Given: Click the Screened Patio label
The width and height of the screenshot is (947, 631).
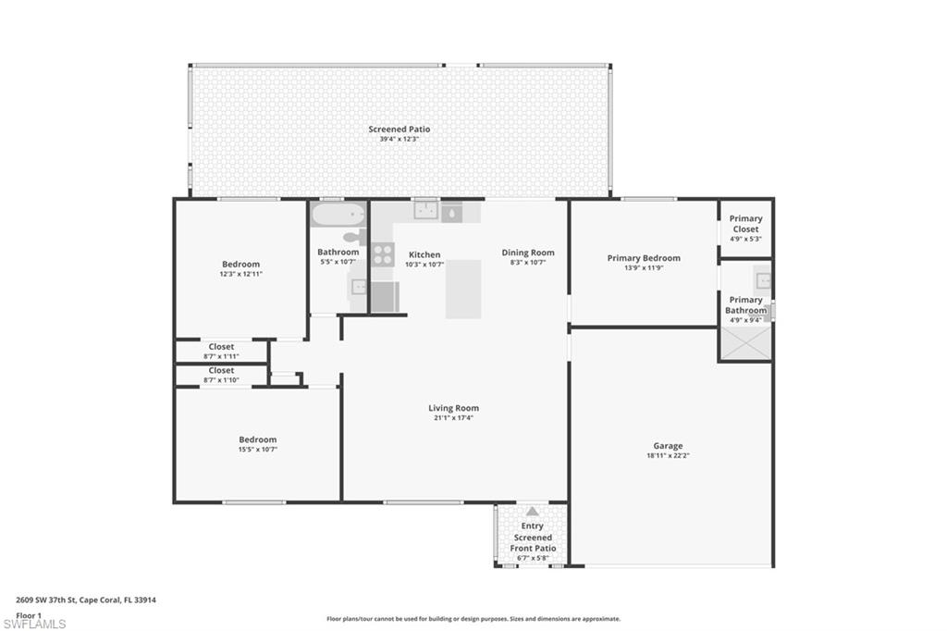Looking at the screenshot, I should (x=399, y=130).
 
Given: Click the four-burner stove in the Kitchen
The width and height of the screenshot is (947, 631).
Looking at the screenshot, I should (x=383, y=254).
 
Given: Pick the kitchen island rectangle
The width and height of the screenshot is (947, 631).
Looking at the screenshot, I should (x=463, y=289).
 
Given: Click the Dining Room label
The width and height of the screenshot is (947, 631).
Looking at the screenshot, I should (x=528, y=253).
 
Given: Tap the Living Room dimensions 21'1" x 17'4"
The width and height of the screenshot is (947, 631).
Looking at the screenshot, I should (x=453, y=418).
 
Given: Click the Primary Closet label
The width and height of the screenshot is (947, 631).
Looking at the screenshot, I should (x=745, y=224).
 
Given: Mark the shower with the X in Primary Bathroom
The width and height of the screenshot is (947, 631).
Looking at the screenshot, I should (x=745, y=343).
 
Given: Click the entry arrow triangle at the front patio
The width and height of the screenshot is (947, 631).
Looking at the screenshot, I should (x=532, y=511).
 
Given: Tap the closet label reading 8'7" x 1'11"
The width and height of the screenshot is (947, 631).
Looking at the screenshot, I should (x=221, y=356).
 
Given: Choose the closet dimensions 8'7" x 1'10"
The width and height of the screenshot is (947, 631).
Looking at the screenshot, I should (x=221, y=380).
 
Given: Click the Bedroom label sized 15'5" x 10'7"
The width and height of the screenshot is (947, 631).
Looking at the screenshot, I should (x=257, y=439).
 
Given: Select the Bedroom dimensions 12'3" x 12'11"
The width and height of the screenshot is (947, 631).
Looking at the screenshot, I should (x=240, y=275).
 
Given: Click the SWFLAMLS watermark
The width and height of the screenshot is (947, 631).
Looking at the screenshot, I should (x=35, y=624).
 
